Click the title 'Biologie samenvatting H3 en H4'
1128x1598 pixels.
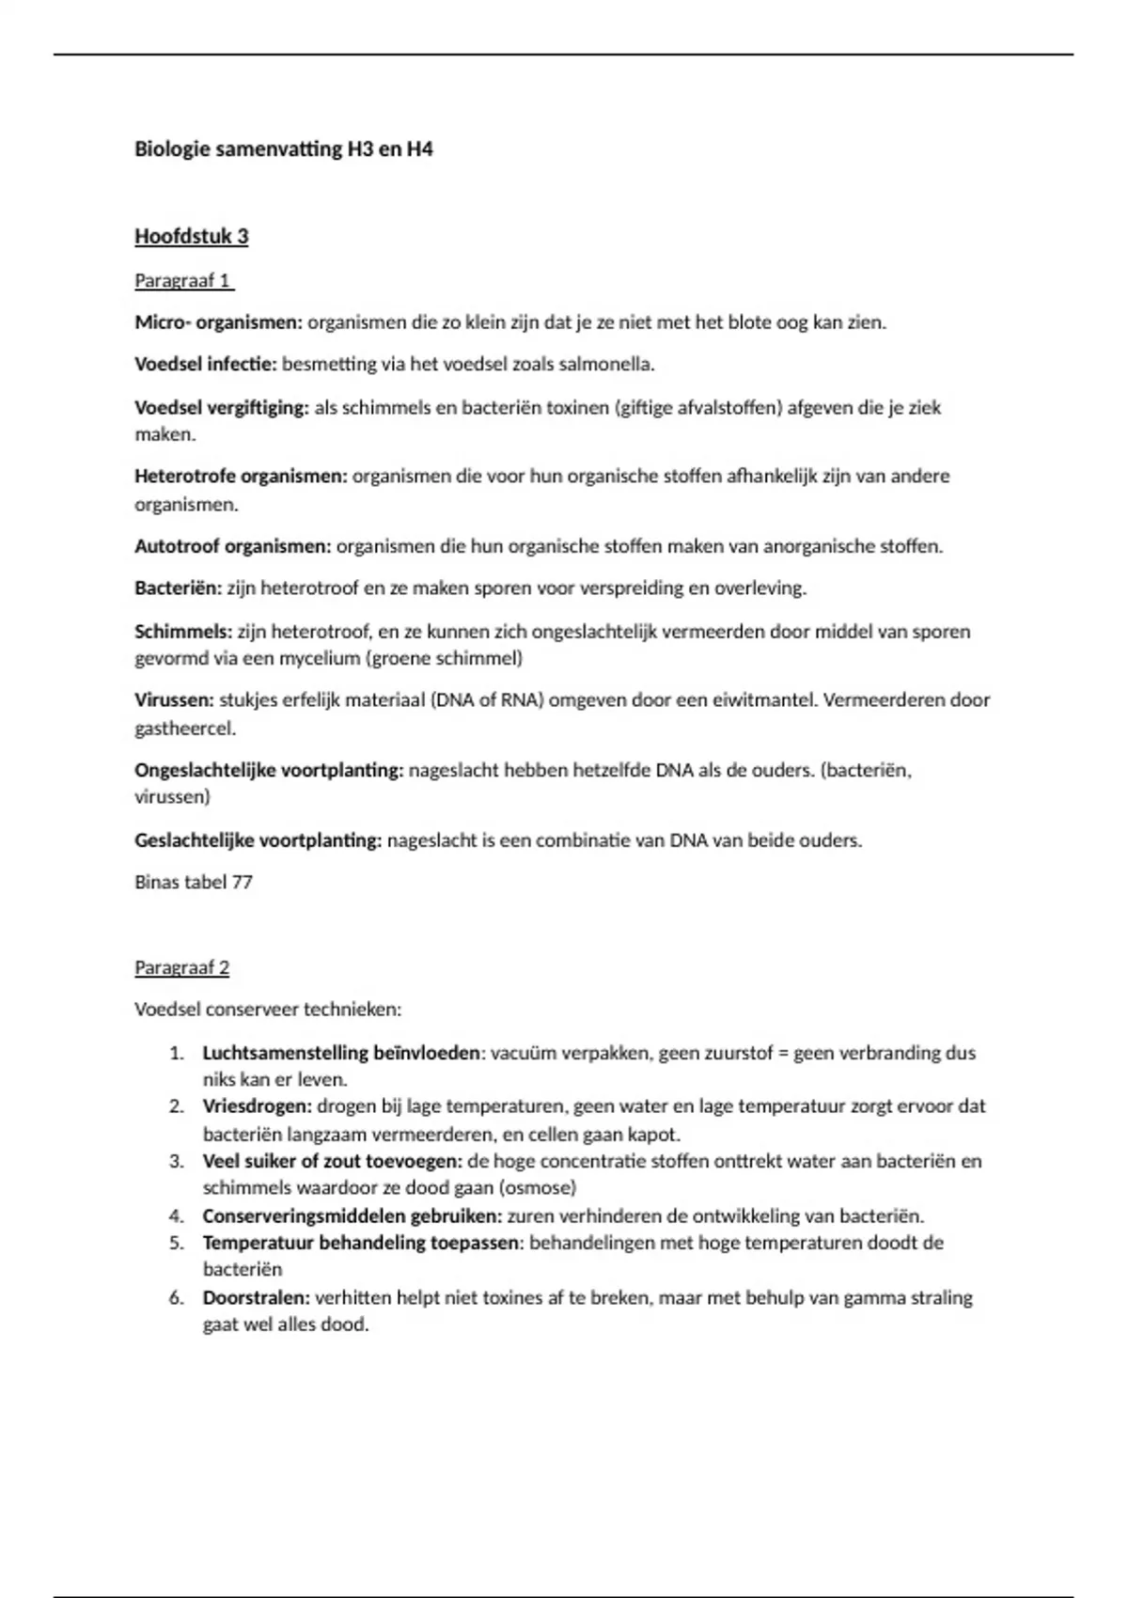click(284, 149)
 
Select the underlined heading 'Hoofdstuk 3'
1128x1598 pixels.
click(192, 236)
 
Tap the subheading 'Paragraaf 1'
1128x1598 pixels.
click(182, 280)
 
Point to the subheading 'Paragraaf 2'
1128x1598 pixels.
click(182, 967)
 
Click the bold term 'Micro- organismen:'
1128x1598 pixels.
click(219, 322)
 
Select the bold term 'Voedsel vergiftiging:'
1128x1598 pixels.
click(222, 407)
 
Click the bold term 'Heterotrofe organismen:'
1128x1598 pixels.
click(241, 476)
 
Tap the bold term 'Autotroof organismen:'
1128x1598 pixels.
click(233, 546)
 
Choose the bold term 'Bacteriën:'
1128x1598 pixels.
click(179, 588)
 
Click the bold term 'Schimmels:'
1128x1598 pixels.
click(183, 631)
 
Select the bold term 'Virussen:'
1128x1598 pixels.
click(175, 700)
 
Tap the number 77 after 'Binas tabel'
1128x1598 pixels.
click(242, 882)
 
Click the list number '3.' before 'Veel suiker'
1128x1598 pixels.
click(177, 1161)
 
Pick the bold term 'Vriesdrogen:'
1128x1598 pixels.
click(258, 1106)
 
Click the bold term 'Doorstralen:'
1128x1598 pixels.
click(257, 1297)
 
